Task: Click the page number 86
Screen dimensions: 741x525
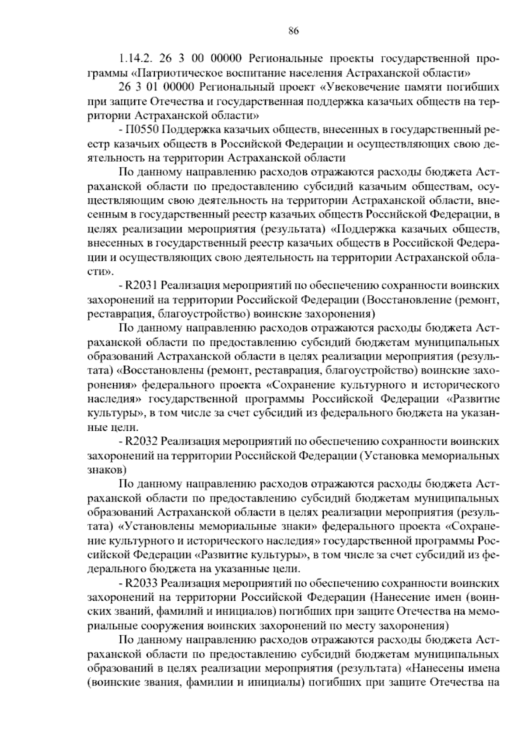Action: [294, 31]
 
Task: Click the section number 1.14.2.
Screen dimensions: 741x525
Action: [135, 58]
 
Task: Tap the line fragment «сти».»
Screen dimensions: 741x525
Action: [101, 272]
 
